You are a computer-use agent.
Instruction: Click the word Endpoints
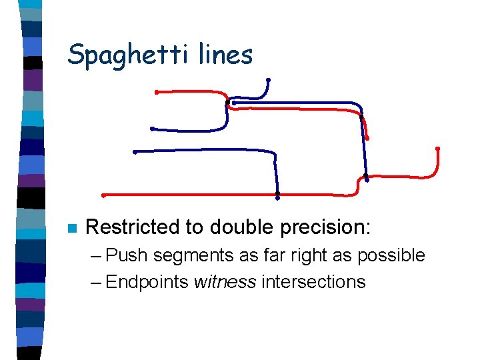(x=147, y=282)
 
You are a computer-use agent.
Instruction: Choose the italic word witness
(x=225, y=281)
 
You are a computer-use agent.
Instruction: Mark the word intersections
(x=313, y=281)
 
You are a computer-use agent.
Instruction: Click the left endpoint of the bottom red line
(x=103, y=195)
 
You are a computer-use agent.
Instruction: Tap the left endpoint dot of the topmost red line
(x=156, y=92)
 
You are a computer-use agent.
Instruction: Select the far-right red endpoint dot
(x=437, y=148)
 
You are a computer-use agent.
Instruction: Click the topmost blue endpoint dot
(x=268, y=81)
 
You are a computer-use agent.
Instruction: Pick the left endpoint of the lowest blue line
(x=135, y=152)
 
